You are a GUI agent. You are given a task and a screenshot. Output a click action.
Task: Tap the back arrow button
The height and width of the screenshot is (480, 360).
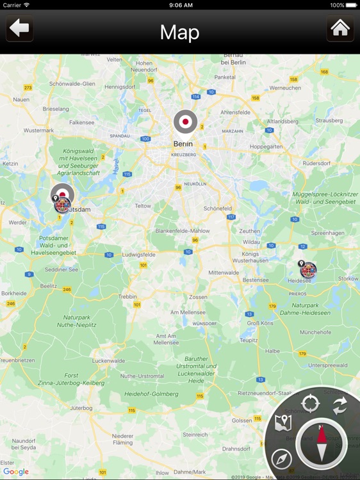[x=20, y=29]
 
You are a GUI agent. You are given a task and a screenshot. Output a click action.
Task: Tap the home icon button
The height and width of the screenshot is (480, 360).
[x=340, y=29]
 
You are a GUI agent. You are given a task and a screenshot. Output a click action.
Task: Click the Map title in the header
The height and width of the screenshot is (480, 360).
[x=180, y=32]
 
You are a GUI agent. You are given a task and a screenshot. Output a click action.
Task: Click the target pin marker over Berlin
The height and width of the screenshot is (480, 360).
[x=186, y=122]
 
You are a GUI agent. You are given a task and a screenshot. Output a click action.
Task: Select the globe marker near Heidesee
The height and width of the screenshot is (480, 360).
[x=309, y=270]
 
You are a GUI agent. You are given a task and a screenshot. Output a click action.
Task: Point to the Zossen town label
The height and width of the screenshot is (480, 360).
[x=198, y=298]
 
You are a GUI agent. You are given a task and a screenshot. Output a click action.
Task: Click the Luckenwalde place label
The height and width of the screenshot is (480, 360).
[x=109, y=361]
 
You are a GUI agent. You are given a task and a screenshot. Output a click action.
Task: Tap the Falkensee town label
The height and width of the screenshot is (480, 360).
[x=81, y=122]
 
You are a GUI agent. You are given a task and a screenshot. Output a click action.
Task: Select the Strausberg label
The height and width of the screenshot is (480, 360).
[x=329, y=120]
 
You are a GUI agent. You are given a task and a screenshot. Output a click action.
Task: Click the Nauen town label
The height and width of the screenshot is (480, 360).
[x=21, y=100]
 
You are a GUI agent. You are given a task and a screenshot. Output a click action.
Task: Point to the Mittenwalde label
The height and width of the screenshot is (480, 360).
[x=223, y=273]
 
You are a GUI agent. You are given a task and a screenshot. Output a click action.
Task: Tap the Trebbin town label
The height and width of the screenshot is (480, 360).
[x=127, y=296]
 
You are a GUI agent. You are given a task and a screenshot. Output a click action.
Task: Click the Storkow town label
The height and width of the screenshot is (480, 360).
[x=348, y=279]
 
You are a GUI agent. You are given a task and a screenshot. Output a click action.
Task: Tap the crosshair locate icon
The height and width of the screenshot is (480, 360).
[x=311, y=404]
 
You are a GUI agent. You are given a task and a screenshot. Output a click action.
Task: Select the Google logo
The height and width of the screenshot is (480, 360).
[x=16, y=472]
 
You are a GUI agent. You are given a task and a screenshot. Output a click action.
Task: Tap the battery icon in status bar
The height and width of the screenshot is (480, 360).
[x=352, y=5]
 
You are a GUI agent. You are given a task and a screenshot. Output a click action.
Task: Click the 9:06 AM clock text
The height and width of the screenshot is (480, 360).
[x=180, y=5]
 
